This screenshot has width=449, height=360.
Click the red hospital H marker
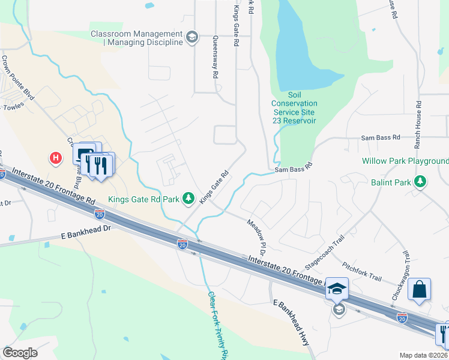[56, 158]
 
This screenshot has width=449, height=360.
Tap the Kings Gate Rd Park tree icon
[188, 198]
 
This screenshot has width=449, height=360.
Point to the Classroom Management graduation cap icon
[191, 38]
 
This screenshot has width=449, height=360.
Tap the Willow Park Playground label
[405, 161]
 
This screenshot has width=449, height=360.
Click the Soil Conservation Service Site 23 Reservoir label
[294, 108]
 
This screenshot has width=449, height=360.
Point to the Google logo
[20, 352]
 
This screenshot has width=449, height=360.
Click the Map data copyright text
[424, 355]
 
